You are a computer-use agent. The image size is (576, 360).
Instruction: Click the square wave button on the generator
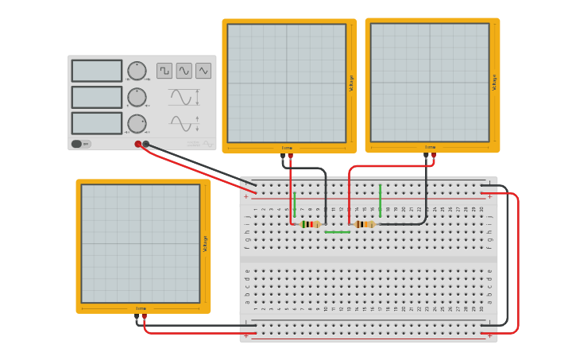point(164,71)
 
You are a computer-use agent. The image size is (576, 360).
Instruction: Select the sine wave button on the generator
point(184,71)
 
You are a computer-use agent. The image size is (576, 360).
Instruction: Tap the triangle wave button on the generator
point(203,71)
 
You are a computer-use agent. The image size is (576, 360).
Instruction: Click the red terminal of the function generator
point(138,144)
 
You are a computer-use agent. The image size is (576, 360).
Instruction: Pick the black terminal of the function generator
point(146,144)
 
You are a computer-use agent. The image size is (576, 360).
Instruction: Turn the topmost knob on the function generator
point(137,71)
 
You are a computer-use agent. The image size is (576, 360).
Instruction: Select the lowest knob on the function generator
point(137,123)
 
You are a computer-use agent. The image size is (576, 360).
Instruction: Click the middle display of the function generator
point(97,97)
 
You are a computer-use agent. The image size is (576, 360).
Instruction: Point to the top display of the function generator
point(97,71)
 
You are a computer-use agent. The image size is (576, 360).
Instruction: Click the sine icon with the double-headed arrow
point(184,98)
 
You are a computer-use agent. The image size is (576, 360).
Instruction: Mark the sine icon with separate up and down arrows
point(184,123)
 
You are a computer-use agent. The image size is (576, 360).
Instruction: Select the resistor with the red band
point(310,224)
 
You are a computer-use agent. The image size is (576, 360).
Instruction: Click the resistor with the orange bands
point(365,224)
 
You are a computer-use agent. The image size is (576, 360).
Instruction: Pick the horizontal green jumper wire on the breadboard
point(337,232)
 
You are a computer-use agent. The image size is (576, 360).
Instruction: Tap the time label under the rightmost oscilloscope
point(430,147)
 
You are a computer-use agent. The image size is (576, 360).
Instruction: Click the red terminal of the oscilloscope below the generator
point(144,317)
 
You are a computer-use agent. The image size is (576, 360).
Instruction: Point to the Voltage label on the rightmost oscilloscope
point(494,82)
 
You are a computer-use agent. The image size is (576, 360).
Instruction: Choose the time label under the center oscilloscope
point(287,148)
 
